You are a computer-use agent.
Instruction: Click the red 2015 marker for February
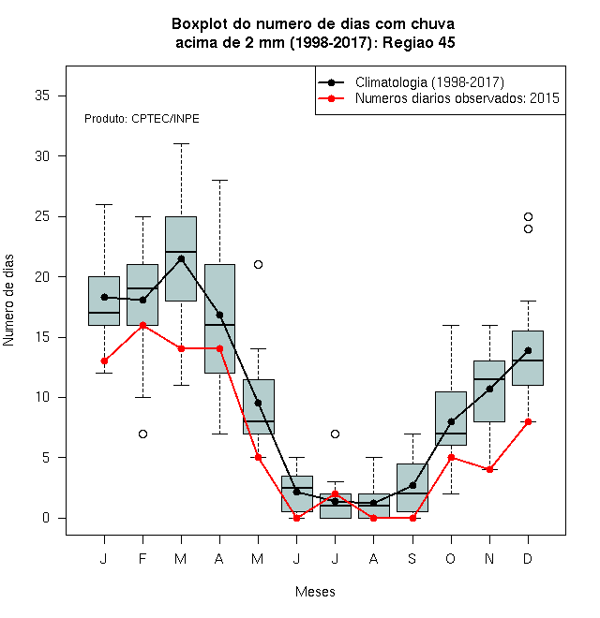coord(142,325)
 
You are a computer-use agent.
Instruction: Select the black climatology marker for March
coord(181,259)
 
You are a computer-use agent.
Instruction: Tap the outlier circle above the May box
coord(258,264)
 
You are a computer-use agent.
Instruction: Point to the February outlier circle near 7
coord(142,434)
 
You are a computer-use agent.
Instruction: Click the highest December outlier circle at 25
coord(528,217)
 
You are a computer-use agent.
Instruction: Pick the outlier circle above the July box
coord(335,434)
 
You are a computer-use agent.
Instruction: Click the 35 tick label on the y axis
coord(42,96)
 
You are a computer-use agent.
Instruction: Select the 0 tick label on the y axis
coord(46,518)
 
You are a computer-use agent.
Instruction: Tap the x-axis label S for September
coord(412,558)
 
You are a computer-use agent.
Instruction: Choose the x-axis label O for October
coord(450,558)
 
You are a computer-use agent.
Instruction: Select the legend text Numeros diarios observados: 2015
coord(457,98)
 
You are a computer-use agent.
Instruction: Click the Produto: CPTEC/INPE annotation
coord(142,119)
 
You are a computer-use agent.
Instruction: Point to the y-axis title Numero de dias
coord(8,301)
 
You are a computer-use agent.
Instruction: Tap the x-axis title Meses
coord(315,592)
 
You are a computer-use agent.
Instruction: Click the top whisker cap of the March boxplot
coord(181,144)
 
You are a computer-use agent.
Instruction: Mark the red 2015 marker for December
coord(528,421)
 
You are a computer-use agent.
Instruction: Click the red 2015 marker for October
coord(451,457)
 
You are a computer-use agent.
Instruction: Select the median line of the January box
coord(104,313)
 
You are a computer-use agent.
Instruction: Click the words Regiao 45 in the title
coord(419,42)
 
